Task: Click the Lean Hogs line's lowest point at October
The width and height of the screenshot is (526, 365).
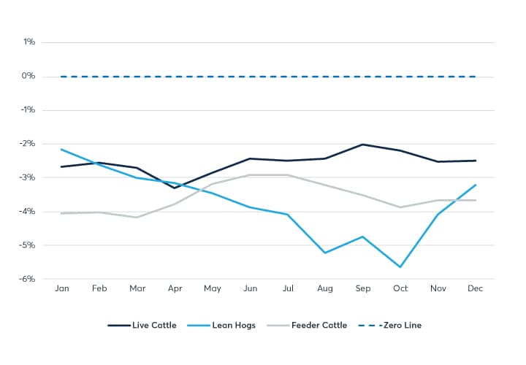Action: tap(400, 266)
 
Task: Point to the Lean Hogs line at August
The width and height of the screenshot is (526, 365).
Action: tap(324, 253)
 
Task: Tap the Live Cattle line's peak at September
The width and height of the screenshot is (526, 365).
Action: tap(362, 145)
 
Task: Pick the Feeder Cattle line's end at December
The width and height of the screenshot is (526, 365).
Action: tap(476, 200)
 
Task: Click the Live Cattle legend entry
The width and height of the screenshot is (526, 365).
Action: tap(142, 325)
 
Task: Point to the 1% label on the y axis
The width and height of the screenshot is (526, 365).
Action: tap(28, 42)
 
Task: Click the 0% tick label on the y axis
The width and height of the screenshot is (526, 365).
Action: tap(28, 76)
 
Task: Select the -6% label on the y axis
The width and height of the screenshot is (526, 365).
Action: tap(27, 279)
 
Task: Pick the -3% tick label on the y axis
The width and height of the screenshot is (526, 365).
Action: tap(27, 177)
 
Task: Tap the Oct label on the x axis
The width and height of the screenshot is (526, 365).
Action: tap(400, 289)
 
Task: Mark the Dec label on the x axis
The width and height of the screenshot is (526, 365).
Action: tap(476, 289)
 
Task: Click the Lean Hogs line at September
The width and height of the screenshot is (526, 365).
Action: tap(362, 237)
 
